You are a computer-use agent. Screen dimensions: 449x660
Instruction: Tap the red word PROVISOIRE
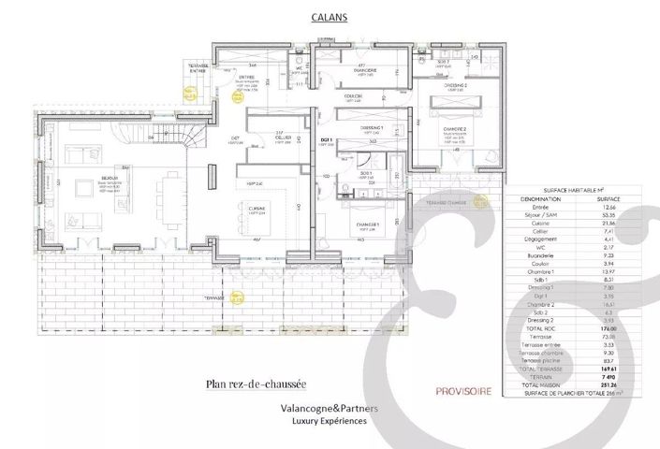coord(462,391)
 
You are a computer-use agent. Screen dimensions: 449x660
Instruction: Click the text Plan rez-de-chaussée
coord(255,384)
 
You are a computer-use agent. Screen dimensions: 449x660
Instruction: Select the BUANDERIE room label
coord(365,69)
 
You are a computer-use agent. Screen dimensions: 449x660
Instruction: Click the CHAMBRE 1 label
coord(367,224)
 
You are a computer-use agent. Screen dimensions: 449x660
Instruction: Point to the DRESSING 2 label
coord(456,84)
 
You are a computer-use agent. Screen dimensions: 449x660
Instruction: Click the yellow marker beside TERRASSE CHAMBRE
coord(480,201)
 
